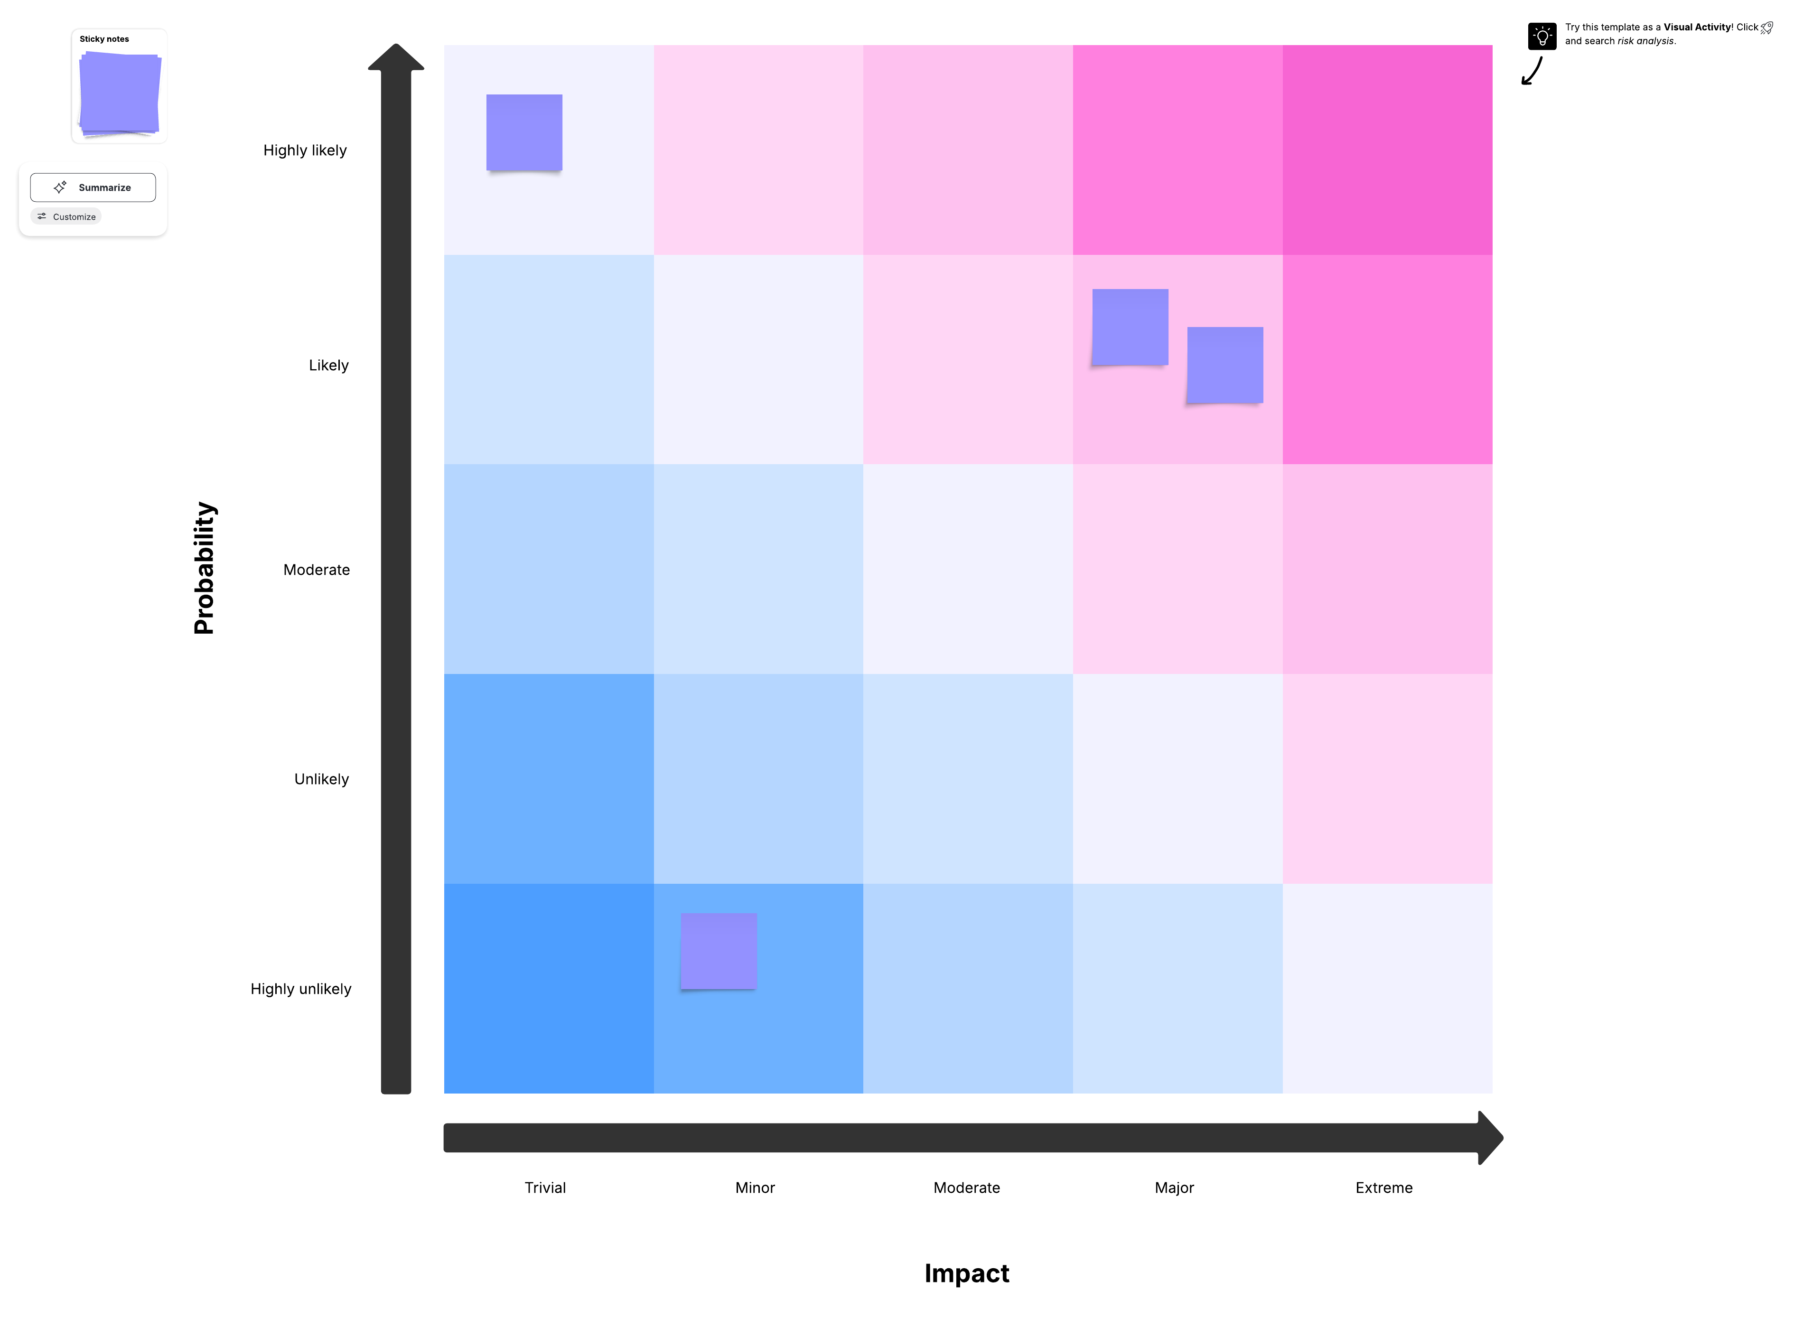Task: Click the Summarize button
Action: [x=93, y=187]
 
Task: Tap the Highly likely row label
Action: [x=305, y=150]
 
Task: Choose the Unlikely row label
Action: [x=321, y=779]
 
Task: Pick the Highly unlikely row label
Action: [x=300, y=989]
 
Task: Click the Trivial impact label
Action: [x=545, y=1188]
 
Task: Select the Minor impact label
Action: [x=755, y=1188]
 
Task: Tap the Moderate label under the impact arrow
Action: [x=966, y=1188]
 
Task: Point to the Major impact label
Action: [x=1174, y=1188]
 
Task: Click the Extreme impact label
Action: [x=1383, y=1188]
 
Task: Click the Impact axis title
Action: [x=966, y=1273]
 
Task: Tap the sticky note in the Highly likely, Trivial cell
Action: [x=524, y=132]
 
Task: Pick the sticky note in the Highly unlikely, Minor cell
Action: [x=719, y=951]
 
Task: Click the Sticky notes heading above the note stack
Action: [x=103, y=38]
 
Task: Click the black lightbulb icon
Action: [x=1542, y=36]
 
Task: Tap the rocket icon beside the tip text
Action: [x=1766, y=28]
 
